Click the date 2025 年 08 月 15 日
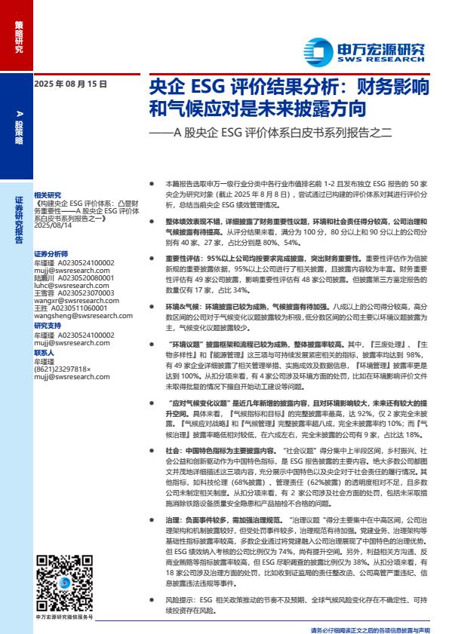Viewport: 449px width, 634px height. pyautogui.click(x=70, y=84)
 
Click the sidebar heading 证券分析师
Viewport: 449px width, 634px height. pyautogui.click(x=51, y=254)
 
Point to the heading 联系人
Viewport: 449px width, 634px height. pyautogui.click(x=45, y=352)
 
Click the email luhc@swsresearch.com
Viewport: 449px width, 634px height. pyautogui.click(x=65, y=286)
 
